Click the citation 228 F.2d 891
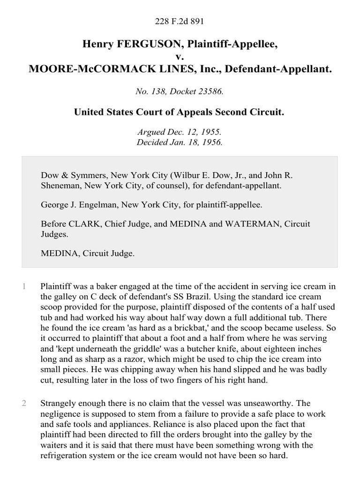point(180,21)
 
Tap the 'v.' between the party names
point(180,57)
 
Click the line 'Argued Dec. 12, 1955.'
point(180,133)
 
